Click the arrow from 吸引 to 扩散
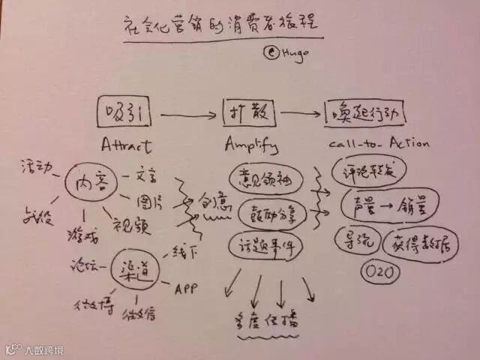[188, 115]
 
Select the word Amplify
[250, 144]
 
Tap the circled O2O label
[376, 271]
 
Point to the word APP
[185, 287]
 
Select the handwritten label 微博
[91, 305]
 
